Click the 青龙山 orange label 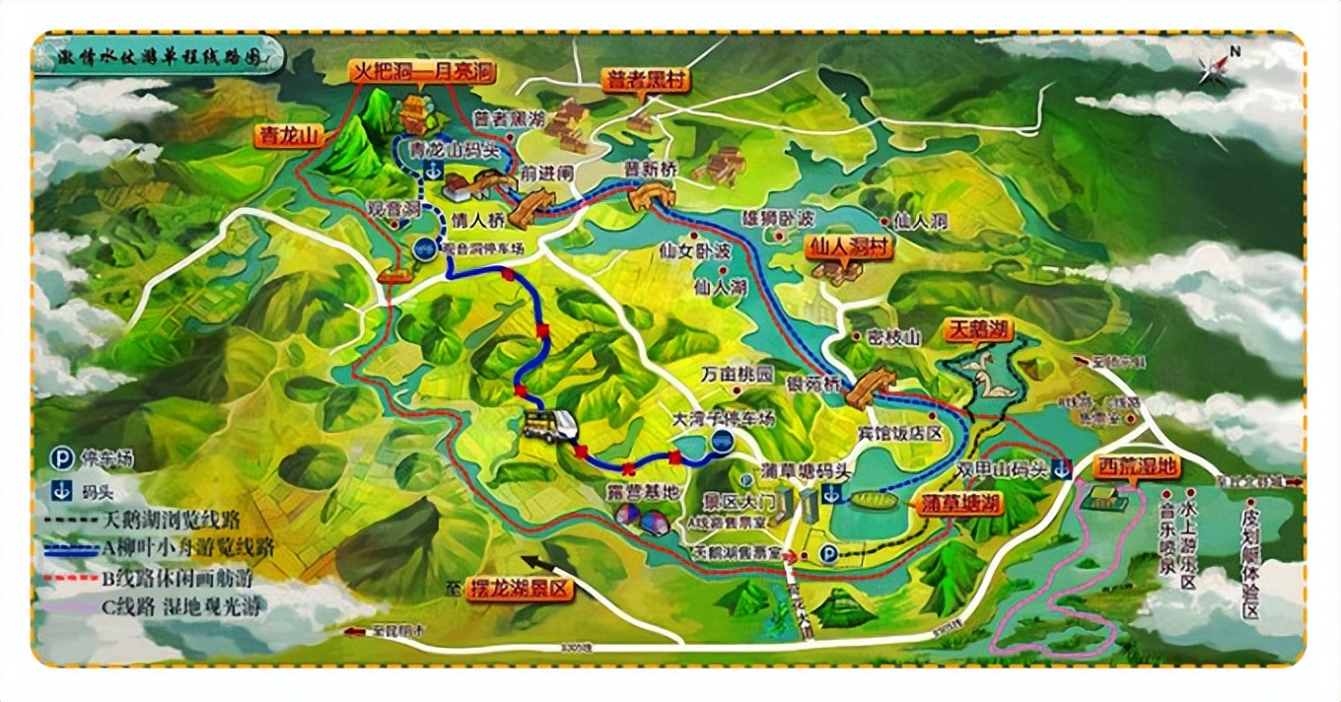pos(289,136)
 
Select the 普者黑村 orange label pos(647,80)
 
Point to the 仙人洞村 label pos(848,246)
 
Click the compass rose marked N pos(1215,67)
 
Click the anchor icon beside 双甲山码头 pos(1061,469)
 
